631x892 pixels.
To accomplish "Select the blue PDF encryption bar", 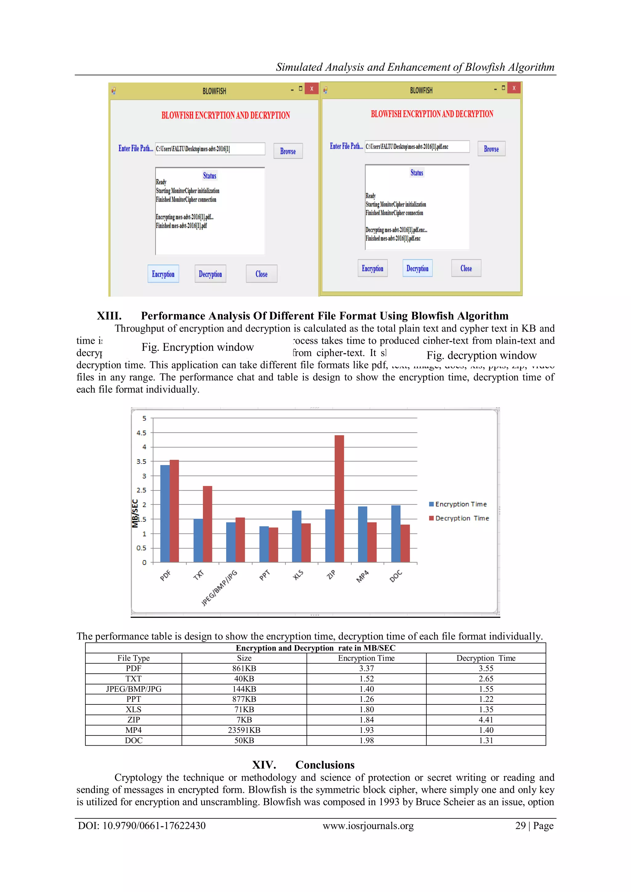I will [165, 513].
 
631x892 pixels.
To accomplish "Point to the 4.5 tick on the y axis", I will [141, 433].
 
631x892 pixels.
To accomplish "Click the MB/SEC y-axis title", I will [135, 513].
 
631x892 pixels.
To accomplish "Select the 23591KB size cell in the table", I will [244, 730].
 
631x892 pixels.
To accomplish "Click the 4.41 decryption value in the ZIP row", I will [486, 720].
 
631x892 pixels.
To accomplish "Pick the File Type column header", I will [133, 658].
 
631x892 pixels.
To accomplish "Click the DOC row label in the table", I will [133, 740].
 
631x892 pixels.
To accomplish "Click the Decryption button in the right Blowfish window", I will [417, 269].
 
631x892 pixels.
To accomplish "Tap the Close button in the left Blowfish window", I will [262, 274].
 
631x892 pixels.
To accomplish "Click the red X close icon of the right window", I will [514, 88].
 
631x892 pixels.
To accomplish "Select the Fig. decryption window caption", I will [481, 355].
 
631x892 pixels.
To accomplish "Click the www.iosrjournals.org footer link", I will [368, 825].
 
